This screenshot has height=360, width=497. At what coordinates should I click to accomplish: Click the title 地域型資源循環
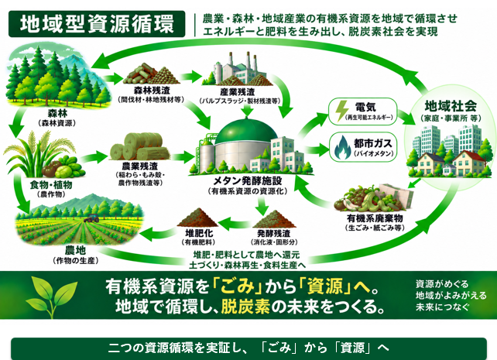coord(97,24)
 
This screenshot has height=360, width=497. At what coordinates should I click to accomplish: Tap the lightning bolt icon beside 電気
coord(342,111)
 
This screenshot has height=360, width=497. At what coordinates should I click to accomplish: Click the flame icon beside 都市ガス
coord(342,147)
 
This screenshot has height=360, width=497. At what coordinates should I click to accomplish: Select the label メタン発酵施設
coord(248,180)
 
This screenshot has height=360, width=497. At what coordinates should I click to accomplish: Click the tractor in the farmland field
coord(91,218)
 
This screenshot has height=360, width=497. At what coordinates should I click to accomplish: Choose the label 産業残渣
coord(237,92)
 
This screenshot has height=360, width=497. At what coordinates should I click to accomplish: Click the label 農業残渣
coord(140,166)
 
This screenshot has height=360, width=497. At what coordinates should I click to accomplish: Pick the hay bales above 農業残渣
coord(139,146)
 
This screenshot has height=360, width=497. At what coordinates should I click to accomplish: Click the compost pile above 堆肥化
coord(198,218)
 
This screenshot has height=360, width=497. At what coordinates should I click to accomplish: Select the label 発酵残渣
coord(273,233)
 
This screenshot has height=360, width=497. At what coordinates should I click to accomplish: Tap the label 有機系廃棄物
coord(375,218)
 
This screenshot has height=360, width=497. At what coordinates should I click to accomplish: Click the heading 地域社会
coord(451,106)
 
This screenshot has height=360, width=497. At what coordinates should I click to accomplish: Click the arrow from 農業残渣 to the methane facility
coord(183,156)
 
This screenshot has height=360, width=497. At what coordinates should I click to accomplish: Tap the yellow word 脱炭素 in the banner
coord(245,307)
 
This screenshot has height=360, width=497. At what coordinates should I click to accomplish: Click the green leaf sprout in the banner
coord(51,295)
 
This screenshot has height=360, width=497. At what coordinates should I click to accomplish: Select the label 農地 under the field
coord(75,250)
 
